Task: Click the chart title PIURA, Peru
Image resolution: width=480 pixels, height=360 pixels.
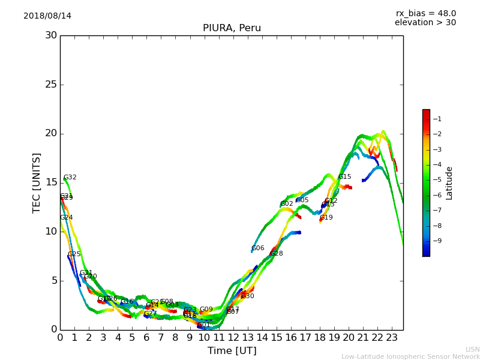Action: (x=232, y=28)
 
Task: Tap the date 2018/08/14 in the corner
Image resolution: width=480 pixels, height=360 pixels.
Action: (x=47, y=16)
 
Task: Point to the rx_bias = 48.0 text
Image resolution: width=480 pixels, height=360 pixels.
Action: (x=425, y=13)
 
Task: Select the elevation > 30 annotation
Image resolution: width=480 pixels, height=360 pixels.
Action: (x=425, y=22)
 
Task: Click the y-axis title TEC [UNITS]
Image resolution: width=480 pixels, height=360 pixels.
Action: (x=37, y=182)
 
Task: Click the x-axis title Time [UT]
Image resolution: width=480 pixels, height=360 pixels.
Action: (x=232, y=350)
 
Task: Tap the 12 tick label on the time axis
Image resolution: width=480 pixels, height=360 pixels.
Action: (x=233, y=337)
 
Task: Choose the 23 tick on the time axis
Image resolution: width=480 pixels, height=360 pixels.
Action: (x=392, y=337)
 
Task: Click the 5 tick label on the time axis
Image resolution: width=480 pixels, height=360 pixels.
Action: (x=132, y=337)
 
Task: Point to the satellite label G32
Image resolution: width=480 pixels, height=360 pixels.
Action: (x=70, y=178)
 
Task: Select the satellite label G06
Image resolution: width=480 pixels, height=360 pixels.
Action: (x=258, y=248)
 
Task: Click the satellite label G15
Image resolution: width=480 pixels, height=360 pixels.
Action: (x=344, y=177)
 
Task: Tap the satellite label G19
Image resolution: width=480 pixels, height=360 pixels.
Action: (x=326, y=218)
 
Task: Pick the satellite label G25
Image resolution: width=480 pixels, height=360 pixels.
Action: (x=74, y=254)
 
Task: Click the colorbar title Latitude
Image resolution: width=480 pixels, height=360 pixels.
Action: (x=449, y=182)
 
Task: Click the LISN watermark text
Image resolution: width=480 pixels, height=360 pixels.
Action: (x=472, y=349)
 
